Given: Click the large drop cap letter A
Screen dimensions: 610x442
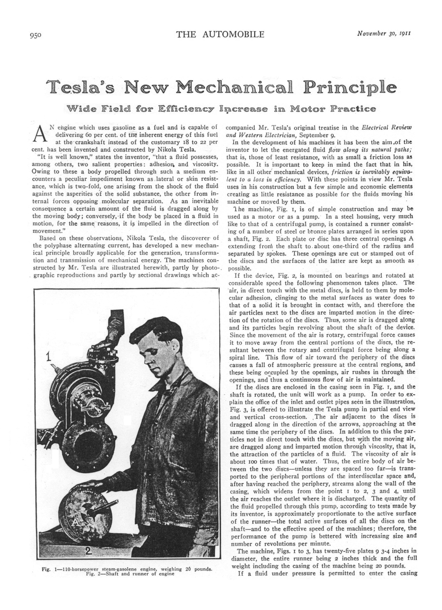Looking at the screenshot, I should click(39, 134).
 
